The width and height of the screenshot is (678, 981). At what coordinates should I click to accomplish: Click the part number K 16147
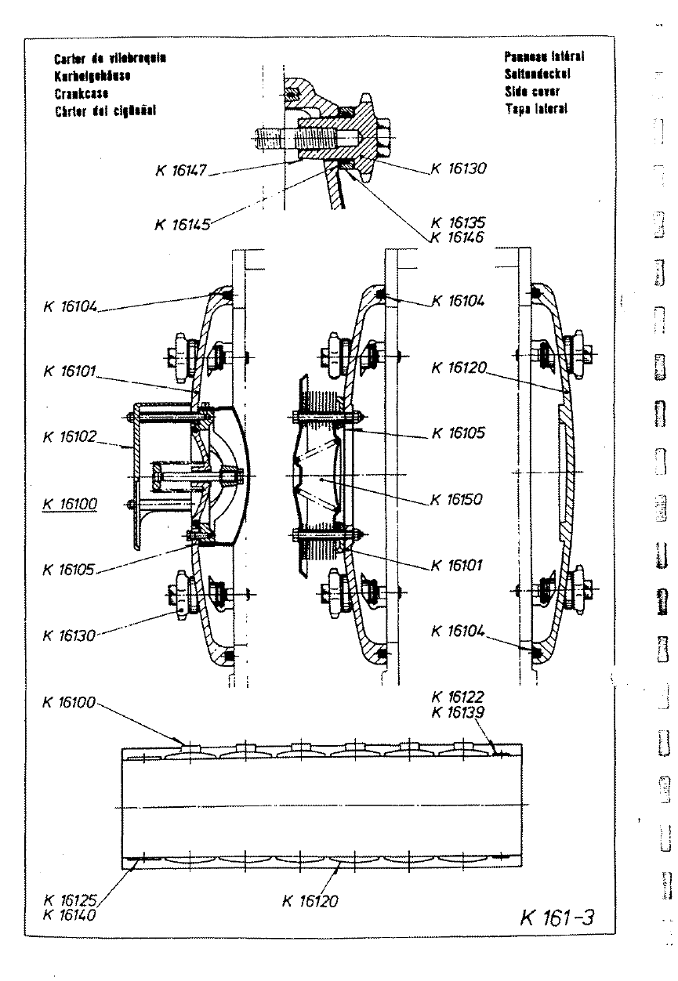tap(179, 171)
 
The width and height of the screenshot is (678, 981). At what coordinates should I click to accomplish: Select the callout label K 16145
tap(183, 225)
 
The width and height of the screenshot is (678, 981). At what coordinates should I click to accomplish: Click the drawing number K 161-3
tap(557, 918)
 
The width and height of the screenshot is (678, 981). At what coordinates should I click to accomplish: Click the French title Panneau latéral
tap(546, 57)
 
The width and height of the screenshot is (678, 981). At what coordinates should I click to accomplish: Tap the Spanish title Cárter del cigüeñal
tap(104, 110)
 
